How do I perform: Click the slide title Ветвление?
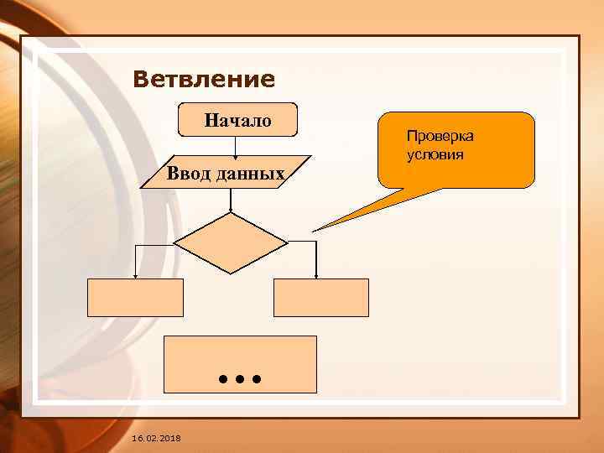(204, 80)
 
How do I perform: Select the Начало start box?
(237, 120)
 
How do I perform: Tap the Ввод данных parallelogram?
(226, 173)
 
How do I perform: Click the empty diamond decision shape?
(231, 242)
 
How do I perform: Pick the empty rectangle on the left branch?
(135, 298)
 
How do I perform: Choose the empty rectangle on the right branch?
(320, 298)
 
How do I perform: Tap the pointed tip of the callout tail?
(314, 231)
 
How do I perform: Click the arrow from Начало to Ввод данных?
(236, 146)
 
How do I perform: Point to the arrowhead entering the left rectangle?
(135, 275)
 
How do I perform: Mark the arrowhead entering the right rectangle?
(316, 275)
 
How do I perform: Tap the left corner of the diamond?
(174, 242)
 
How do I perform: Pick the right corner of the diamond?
(288, 242)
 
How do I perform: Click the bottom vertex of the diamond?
(231, 273)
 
